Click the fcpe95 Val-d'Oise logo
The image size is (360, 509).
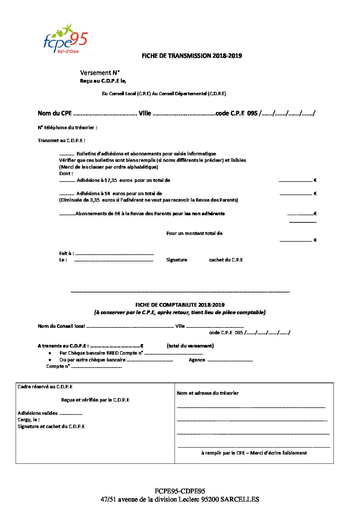click(65, 39)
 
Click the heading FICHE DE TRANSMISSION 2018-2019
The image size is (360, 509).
click(192, 56)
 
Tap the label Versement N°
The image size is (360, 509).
click(100, 73)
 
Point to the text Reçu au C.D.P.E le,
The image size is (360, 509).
click(103, 81)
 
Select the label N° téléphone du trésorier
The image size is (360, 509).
click(67, 128)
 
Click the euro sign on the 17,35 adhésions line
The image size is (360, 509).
click(315, 180)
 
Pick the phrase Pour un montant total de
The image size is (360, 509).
click(194, 233)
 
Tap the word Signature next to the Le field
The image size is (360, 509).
click(177, 260)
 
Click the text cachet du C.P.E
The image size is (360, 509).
click(226, 260)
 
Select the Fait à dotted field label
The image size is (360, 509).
click(66, 253)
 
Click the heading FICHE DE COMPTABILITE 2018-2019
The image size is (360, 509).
click(180, 305)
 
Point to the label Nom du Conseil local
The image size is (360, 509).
click(61, 326)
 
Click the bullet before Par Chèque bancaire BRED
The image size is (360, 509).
click(50, 353)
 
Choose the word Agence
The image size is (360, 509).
click(197, 360)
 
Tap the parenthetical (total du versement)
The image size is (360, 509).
click(190, 346)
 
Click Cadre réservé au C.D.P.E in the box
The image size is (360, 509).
click(45, 387)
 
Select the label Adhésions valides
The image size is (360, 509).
click(37, 413)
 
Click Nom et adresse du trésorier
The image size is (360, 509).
click(208, 393)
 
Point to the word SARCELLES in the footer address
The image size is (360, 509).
click(240, 499)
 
